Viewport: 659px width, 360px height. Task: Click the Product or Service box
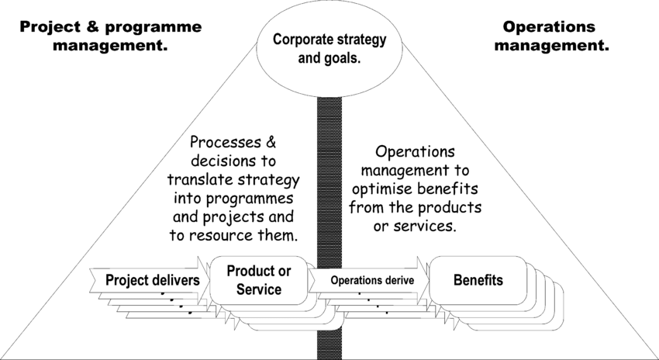[x=259, y=280]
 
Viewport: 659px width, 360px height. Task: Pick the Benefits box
[x=478, y=279]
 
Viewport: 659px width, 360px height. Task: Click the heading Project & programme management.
[x=109, y=36]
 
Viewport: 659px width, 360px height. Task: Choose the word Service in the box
[x=259, y=289]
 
